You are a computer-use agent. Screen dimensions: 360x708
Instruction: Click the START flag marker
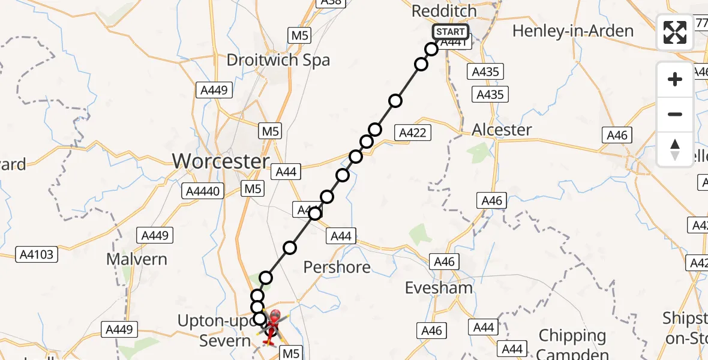click(x=450, y=32)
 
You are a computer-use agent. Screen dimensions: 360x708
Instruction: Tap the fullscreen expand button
click(x=675, y=32)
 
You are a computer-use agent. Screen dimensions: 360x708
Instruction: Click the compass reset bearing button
click(x=675, y=149)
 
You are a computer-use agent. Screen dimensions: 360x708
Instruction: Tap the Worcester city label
click(x=221, y=161)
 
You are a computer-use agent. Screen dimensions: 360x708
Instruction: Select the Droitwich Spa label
click(x=278, y=60)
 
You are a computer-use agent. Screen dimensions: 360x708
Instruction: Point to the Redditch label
click(x=444, y=11)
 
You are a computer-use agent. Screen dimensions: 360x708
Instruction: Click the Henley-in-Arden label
click(x=573, y=31)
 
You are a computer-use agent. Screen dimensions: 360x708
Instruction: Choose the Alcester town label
click(x=502, y=130)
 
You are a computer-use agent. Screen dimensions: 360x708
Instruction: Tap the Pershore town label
click(x=337, y=266)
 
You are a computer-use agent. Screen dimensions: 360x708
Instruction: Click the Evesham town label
click(x=439, y=287)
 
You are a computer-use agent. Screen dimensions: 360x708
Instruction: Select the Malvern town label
click(x=137, y=259)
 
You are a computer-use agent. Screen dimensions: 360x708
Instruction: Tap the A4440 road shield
click(x=205, y=191)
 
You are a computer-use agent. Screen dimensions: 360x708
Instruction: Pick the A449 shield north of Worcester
click(x=214, y=90)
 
